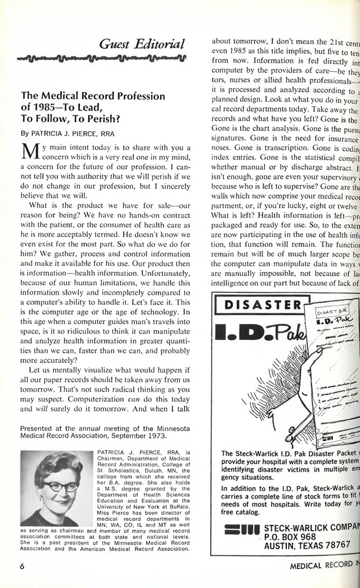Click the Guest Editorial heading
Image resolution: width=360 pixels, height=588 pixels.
pyautogui.click(x=142, y=43)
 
